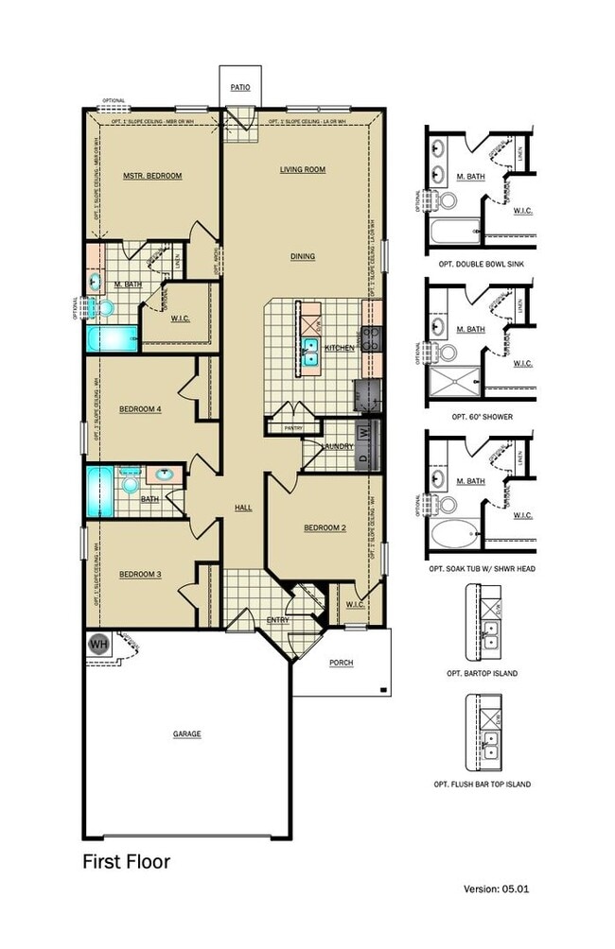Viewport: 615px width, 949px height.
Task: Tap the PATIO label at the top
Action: (240, 87)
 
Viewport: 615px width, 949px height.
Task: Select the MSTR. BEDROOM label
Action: (152, 176)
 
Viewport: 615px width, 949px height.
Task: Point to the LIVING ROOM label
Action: (302, 170)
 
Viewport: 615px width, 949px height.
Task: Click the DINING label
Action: (303, 256)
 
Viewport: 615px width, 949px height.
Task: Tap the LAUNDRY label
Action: (337, 446)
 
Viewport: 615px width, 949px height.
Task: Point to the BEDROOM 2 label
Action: (325, 528)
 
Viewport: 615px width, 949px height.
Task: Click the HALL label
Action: (243, 509)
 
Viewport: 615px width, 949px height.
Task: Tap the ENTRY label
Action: (277, 620)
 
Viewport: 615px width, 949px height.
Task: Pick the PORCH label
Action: (341, 663)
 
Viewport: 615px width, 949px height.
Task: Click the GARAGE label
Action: (186, 733)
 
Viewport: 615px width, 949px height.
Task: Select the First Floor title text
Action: (126, 861)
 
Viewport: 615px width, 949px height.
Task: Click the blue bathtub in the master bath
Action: (111, 338)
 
